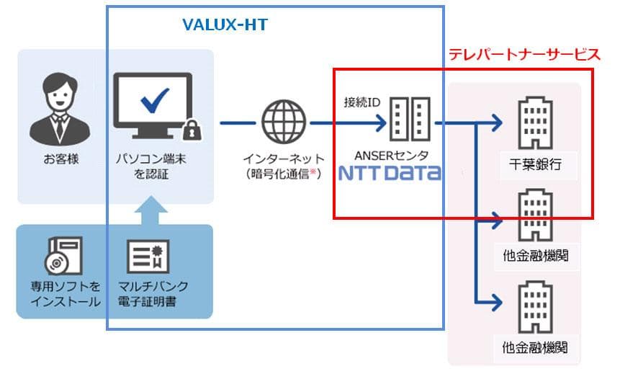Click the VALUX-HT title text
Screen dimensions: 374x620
(225, 25)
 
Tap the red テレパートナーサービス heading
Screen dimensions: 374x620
(524, 54)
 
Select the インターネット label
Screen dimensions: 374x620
(283, 159)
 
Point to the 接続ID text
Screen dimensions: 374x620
(361, 102)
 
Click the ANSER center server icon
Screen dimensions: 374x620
(409, 119)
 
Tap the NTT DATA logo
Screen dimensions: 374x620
(389, 174)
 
